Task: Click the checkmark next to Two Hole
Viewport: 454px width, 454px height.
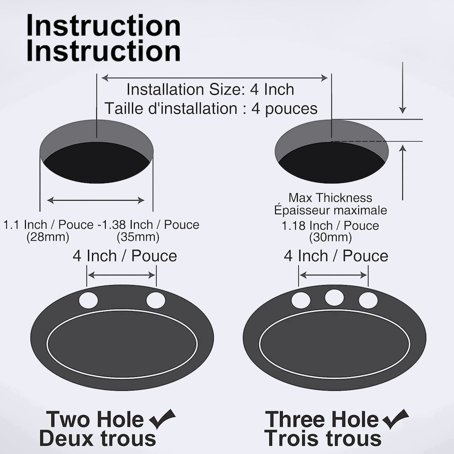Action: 162,419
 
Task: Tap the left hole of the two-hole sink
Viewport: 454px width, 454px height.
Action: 88,301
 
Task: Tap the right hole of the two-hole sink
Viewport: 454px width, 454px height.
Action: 156,301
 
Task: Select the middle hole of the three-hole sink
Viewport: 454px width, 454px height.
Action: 334,297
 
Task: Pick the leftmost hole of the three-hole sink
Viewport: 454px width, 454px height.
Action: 301,301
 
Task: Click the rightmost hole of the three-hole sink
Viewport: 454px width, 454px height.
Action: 368,301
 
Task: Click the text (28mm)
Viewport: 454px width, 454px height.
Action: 48,237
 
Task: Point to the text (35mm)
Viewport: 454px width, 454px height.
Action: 138,237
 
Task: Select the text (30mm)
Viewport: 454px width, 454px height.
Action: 331,237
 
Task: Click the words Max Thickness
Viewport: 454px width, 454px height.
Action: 331,198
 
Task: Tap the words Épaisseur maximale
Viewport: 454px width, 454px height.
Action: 331,210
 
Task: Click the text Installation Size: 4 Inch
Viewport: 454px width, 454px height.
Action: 210,89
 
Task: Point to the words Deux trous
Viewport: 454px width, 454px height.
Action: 98,439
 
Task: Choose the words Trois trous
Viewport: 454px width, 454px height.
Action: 323,439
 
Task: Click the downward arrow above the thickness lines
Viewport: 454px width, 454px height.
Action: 402,91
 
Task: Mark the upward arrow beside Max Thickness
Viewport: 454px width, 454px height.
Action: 402,173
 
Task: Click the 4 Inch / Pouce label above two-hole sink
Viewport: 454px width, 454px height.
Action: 125,256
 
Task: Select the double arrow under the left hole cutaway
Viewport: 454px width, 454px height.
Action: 96,200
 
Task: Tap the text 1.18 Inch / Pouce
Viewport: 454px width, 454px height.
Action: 331,226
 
